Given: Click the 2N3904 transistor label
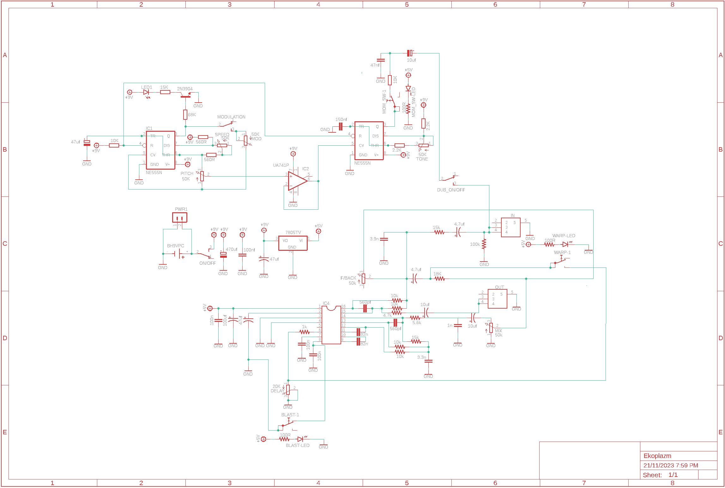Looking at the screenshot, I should pyautogui.click(x=185, y=89).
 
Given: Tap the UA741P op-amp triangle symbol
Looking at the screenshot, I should pyautogui.click(x=297, y=181).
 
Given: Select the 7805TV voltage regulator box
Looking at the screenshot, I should pyautogui.click(x=293, y=243).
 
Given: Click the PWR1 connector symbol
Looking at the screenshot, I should pyautogui.click(x=179, y=218).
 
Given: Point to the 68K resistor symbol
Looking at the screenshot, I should pyautogui.click(x=185, y=115).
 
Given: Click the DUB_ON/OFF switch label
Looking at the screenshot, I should pyautogui.click(x=451, y=190).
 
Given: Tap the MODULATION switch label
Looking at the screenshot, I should pyautogui.click(x=231, y=117).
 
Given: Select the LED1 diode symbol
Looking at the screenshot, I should pyautogui.click(x=146, y=92).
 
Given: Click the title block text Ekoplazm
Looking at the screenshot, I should pyautogui.click(x=657, y=456).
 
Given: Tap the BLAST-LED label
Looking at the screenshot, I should pyautogui.click(x=297, y=445).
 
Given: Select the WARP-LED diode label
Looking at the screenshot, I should pyautogui.click(x=564, y=236).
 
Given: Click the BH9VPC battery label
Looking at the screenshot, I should pyautogui.click(x=175, y=246).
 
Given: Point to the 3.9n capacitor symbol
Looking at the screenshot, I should pyautogui.click(x=384, y=239).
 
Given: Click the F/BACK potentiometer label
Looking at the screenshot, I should pyautogui.click(x=348, y=278).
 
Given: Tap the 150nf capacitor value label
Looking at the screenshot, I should pyautogui.click(x=341, y=119).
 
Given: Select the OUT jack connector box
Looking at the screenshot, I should pyautogui.click(x=497, y=299).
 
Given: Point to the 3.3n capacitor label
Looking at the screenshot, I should pyautogui.click(x=421, y=357).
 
